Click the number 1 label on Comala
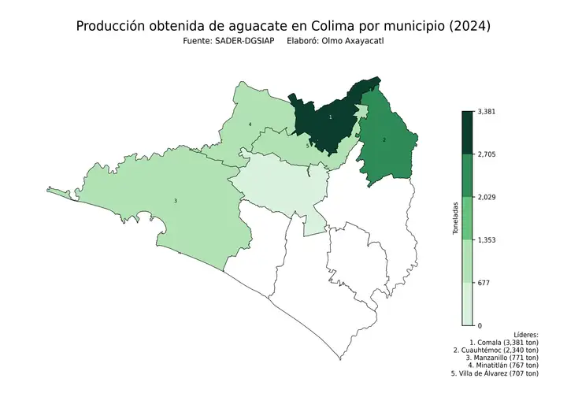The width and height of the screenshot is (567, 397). pyautogui.click(x=330, y=117)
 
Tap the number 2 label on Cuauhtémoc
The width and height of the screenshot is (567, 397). pyautogui.click(x=384, y=139)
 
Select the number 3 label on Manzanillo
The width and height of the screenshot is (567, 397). pyautogui.click(x=175, y=201)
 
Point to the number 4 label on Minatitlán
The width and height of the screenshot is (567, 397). pyautogui.click(x=250, y=124)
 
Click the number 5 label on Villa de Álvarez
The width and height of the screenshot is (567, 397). pyautogui.click(x=307, y=146)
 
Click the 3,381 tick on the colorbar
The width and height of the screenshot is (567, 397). pyautogui.click(x=487, y=111)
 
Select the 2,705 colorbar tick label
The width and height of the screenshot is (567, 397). pyautogui.click(x=487, y=154)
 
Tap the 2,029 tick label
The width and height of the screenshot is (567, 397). pyautogui.click(x=487, y=197)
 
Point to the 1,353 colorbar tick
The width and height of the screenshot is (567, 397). pyautogui.click(x=487, y=239)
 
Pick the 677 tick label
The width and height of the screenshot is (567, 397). pyautogui.click(x=484, y=282)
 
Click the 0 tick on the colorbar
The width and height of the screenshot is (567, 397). pyautogui.click(x=480, y=325)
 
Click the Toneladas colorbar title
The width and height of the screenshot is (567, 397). pyautogui.click(x=454, y=218)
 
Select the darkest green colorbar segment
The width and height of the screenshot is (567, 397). pyautogui.click(x=467, y=132)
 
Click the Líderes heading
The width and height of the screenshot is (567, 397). pyautogui.click(x=525, y=335)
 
